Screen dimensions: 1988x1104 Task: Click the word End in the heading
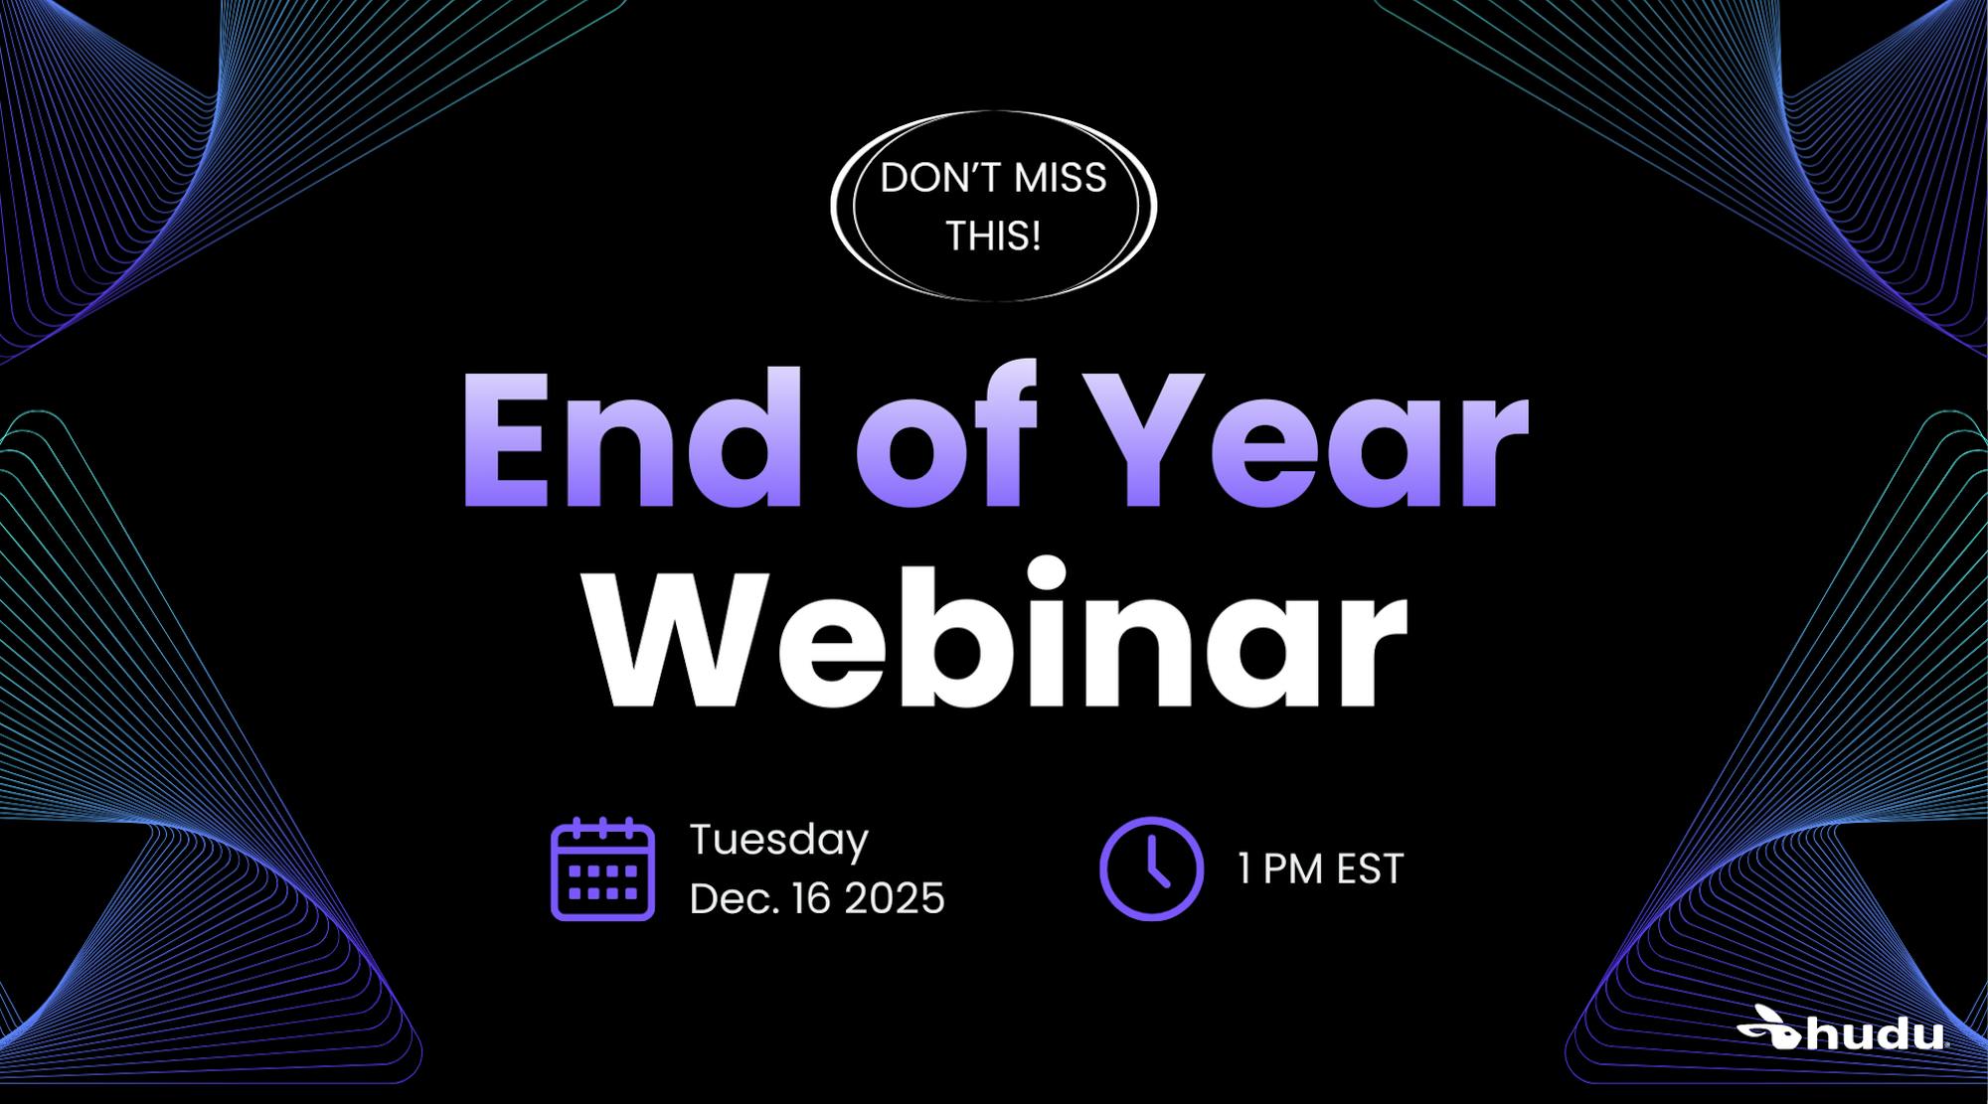[632, 437]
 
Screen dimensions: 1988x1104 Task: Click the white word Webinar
[995, 632]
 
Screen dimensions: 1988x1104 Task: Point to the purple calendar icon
[602, 868]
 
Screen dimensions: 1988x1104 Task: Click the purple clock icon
[1151, 868]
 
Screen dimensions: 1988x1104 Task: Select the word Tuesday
[778, 841]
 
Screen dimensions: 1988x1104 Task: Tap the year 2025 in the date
[894, 898]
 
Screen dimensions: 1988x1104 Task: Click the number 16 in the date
[810, 898]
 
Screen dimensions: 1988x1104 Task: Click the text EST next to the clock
[1369, 868]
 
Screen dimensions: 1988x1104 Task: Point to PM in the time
[1293, 868]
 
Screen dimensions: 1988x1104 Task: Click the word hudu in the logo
[1874, 1033]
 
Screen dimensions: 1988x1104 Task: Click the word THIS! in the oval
[993, 237]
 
